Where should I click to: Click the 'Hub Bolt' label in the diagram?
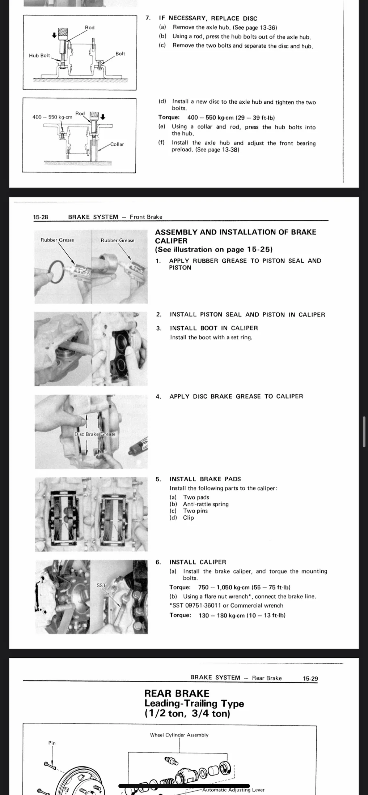click(x=39, y=56)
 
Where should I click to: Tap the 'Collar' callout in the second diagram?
click(x=117, y=144)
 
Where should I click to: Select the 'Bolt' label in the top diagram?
click(x=120, y=53)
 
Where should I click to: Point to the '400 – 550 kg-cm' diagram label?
click(x=52, y=117)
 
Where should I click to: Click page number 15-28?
click(x=41, y=217)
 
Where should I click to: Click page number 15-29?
click(x=310, y=679)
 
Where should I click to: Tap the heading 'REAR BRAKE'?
click(x=177, y=693)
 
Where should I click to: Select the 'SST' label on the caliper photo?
click(x=101, y=585)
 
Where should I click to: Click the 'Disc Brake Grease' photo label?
click(x=95, y=434)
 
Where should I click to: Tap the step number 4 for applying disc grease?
click(x=158, y=396)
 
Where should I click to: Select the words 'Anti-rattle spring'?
click(x=206, y=504)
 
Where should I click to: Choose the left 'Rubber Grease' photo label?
click(x=57, y=240)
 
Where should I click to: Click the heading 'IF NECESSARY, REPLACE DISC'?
click(x=208, y=18)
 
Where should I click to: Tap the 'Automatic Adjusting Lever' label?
click(x=233, y=790)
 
